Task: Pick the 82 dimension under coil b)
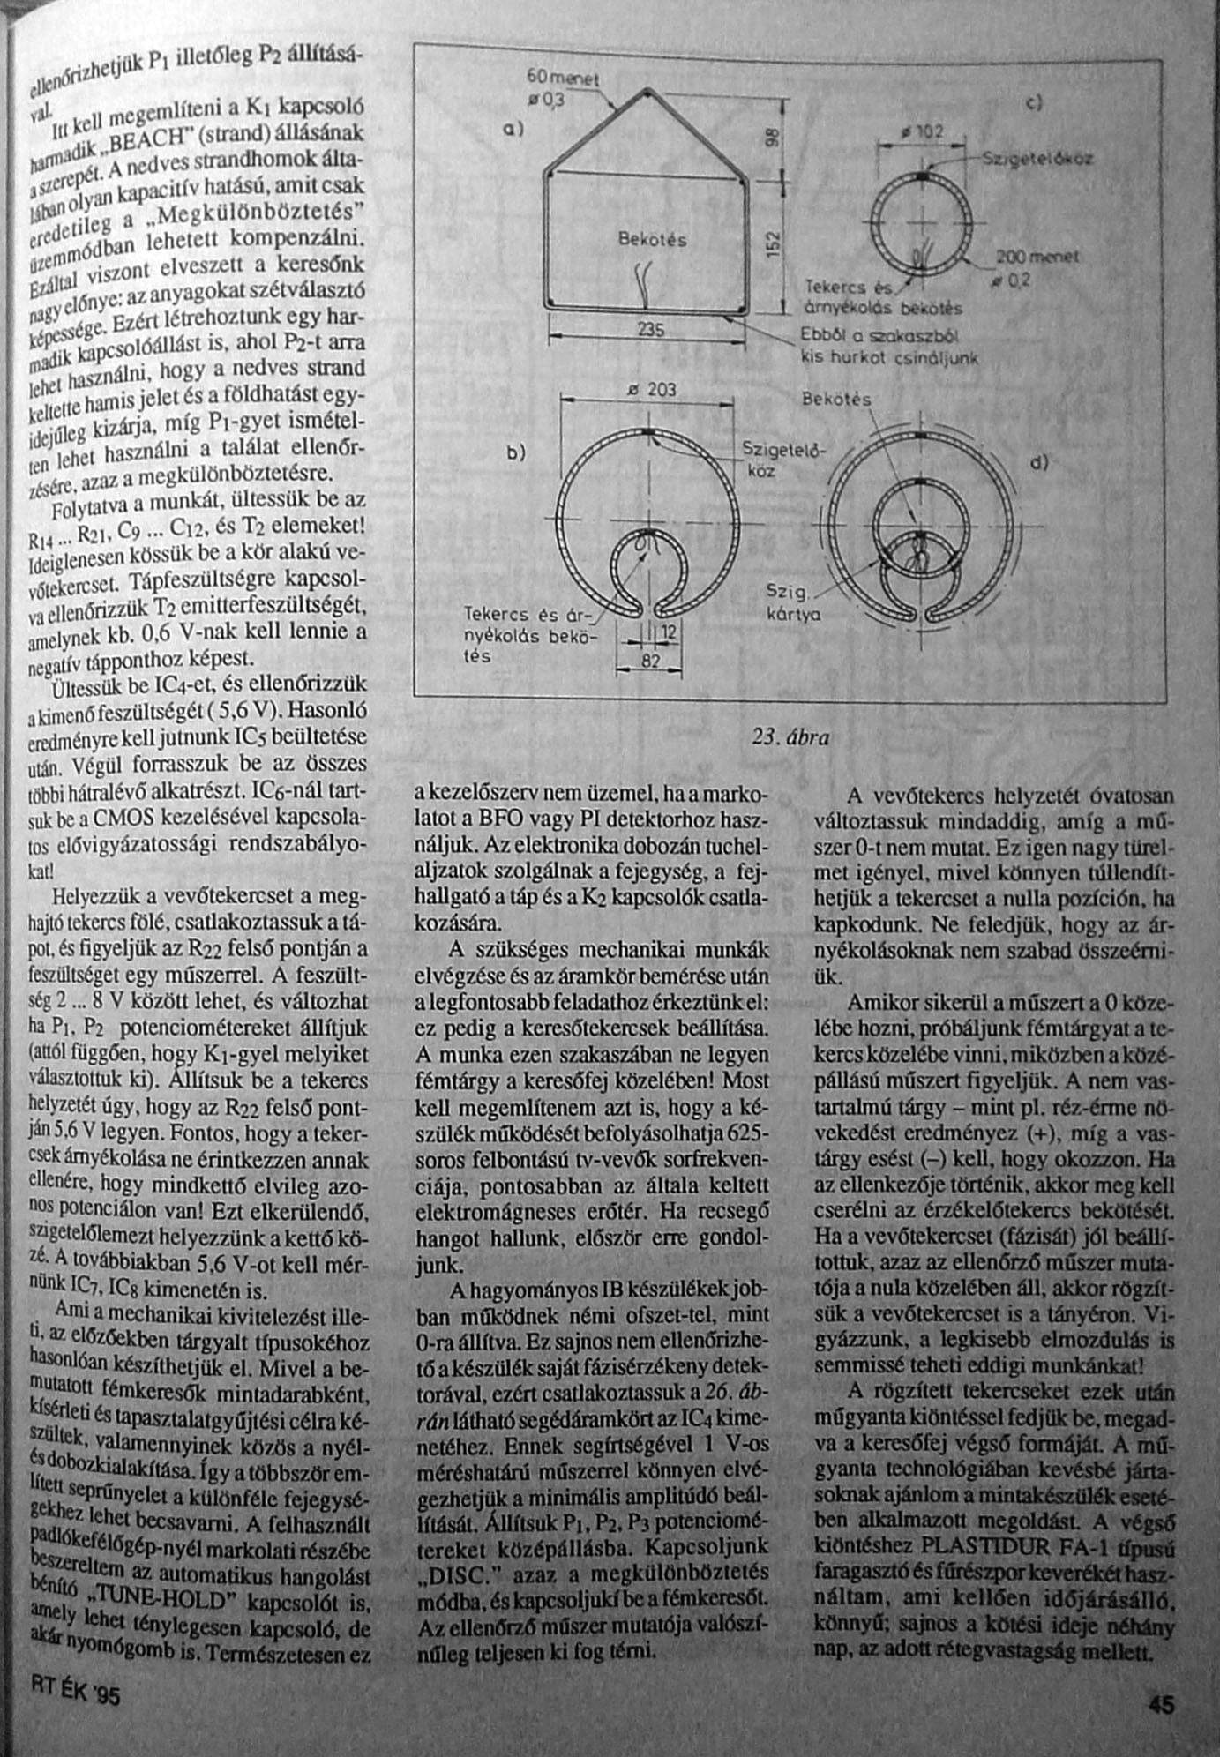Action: click(x=649, y=659)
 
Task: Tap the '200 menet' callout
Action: click(x=1037, y=257)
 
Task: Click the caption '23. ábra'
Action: click(x=790, y=736)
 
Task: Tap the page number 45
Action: click(x=1162, y=1705)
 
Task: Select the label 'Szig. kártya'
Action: click(x=793, y=604)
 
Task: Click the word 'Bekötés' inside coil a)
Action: click(x=652, y=239)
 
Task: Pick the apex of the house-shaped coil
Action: click(x=647, y=91)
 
